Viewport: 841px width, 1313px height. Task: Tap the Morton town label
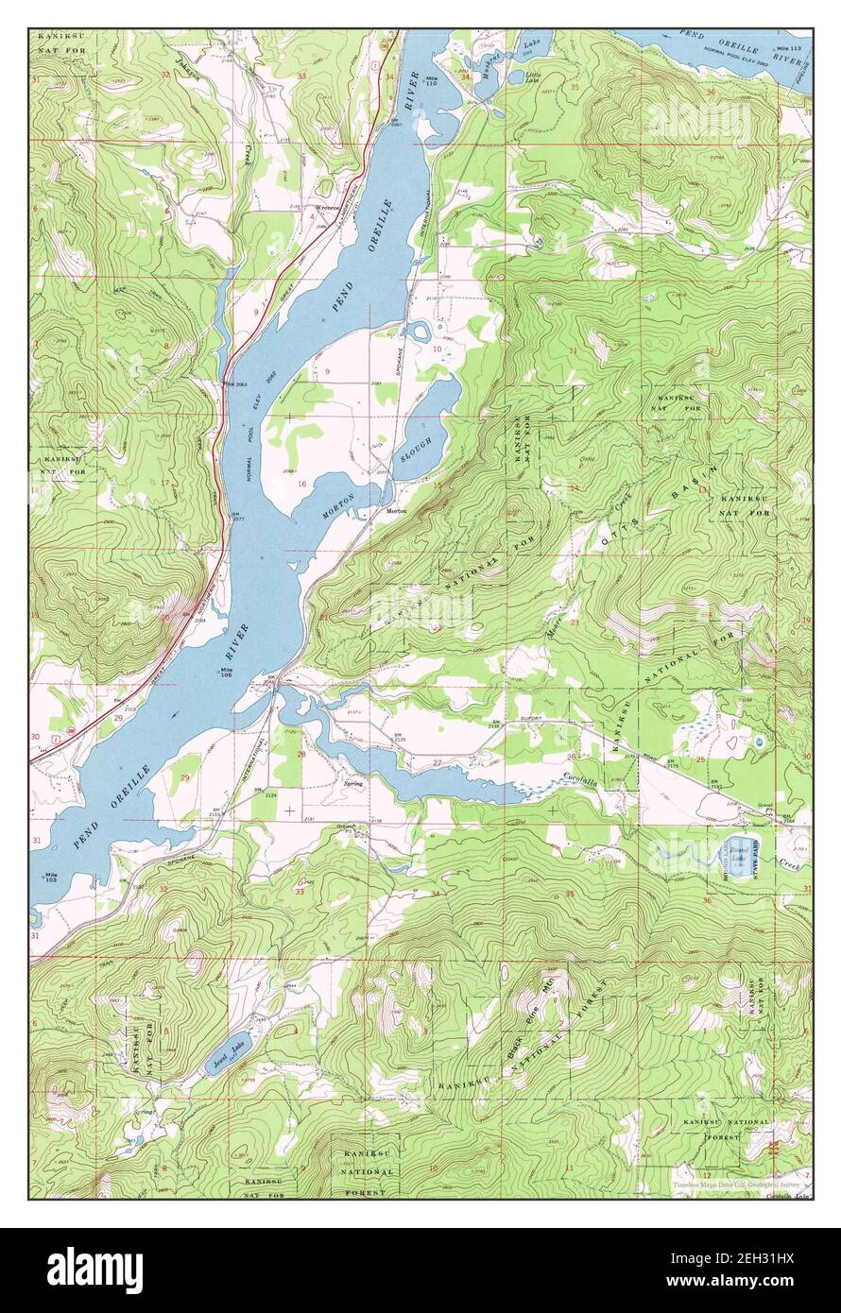397,511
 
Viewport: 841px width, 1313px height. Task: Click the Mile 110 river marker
433,80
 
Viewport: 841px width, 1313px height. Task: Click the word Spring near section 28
353,782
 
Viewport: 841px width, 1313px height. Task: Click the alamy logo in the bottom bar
94,1270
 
